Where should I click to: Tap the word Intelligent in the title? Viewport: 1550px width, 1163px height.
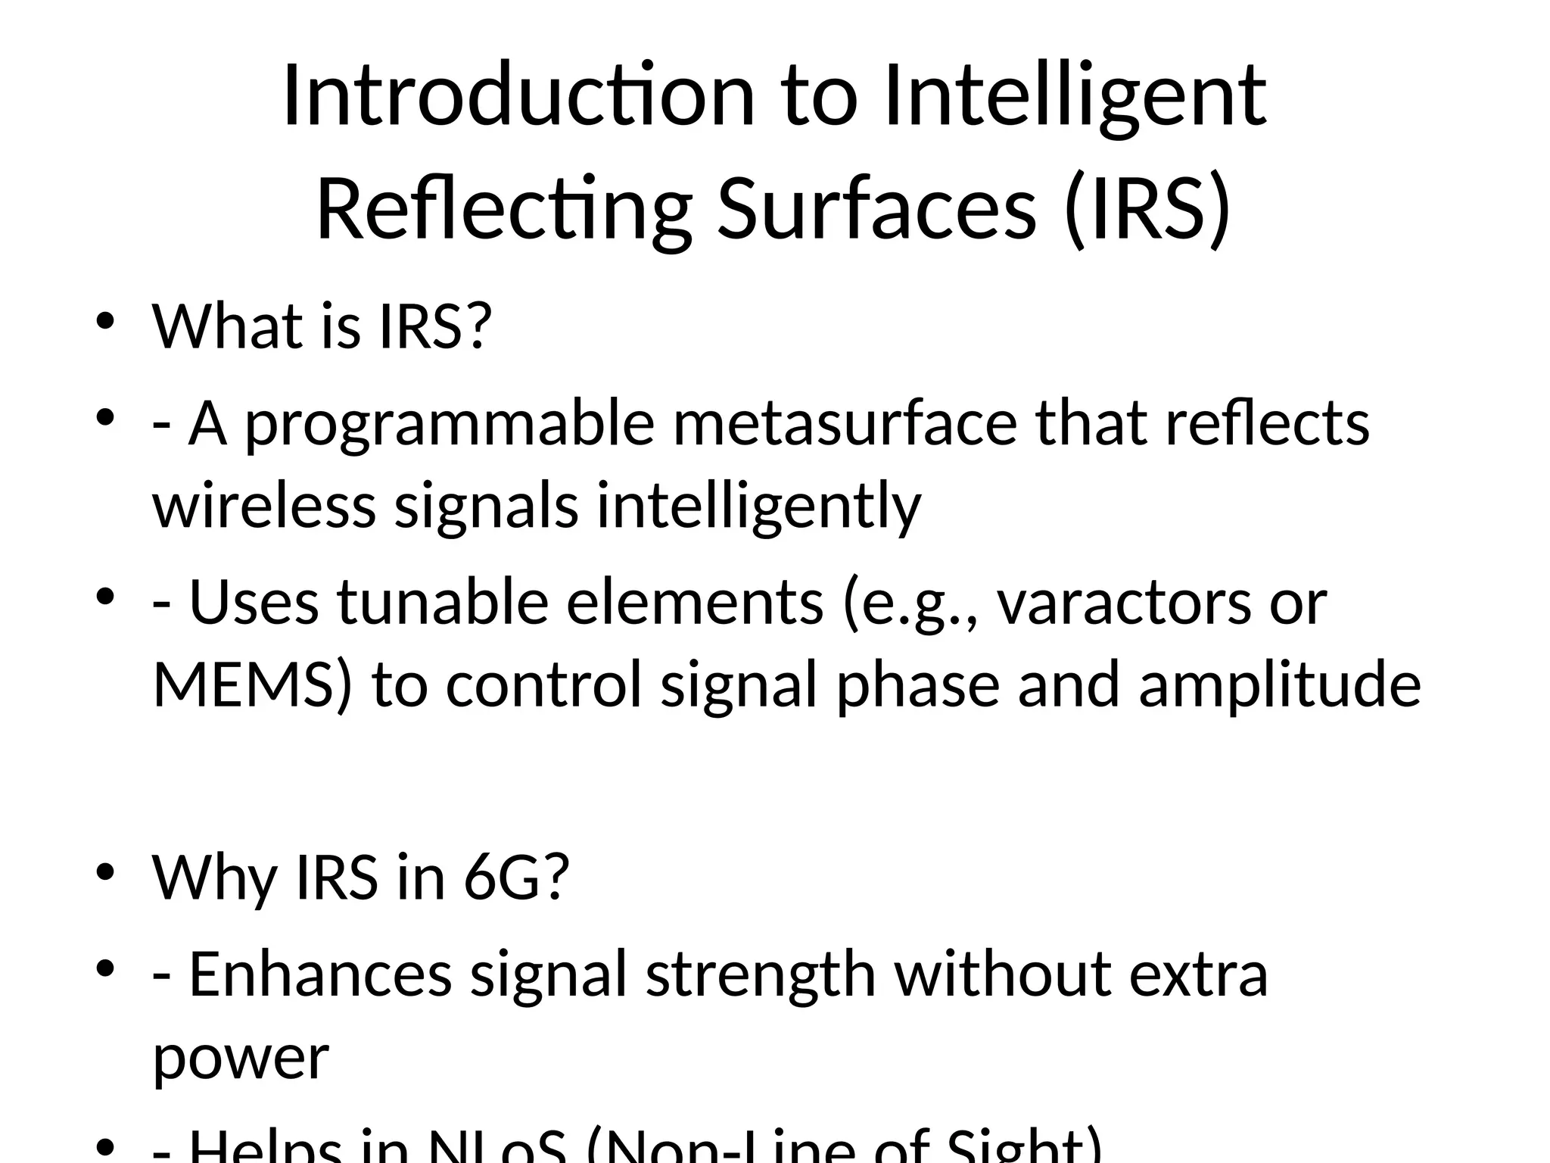click(1075, 96)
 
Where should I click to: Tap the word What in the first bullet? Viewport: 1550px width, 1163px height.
click(227, 326)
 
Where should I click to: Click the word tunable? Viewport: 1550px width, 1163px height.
click(442, 602)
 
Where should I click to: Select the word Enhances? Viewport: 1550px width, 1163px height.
click(320, 974)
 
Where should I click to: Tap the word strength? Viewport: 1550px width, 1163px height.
click(761, 975)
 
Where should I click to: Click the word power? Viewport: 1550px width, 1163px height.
click(241, 1058)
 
